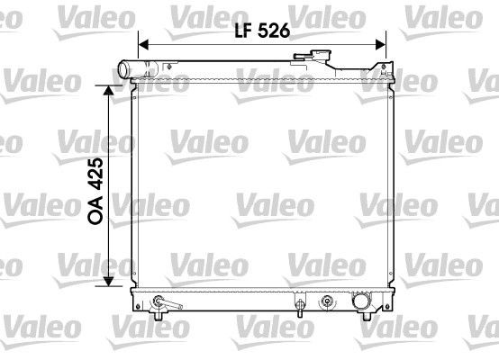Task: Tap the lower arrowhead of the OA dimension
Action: [x=110, y=280]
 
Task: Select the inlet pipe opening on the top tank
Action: [x=124, y=69]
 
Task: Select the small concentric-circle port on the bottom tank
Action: [x=327, y=300]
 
